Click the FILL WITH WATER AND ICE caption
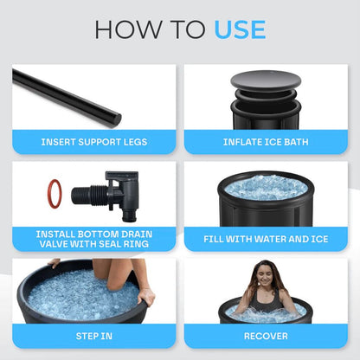click(266, 238)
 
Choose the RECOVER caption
click(266, 336)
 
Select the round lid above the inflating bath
click(266, 81)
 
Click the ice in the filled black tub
click(266, 187)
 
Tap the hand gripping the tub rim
click(145, 296)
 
